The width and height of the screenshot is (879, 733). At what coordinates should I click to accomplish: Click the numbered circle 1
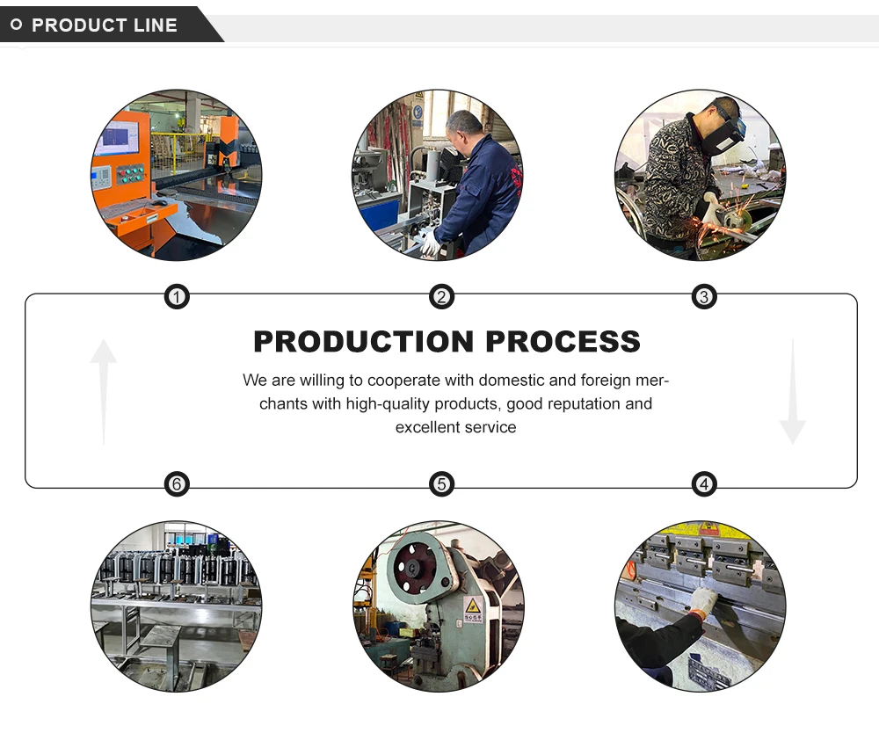(178, 297)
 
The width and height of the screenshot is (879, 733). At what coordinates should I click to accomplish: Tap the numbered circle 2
(441, 297)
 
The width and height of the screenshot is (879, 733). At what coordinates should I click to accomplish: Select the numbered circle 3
(703, 297)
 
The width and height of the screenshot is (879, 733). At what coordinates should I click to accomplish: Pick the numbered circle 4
(703, 483)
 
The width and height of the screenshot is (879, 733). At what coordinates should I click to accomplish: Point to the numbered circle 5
(441, 483)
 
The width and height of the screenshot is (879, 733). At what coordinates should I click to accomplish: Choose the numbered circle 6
(178, 483)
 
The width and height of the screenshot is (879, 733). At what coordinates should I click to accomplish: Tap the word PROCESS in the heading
(561, 341)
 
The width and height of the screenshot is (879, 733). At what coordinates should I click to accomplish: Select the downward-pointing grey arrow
(792, 392)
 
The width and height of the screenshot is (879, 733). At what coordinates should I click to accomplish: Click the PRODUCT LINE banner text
(105, 25)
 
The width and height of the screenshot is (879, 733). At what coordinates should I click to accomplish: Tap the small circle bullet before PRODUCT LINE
(17, 25)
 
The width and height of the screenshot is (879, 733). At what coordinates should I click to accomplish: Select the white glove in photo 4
(702, 601)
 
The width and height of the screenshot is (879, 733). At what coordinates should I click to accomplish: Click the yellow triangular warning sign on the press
(473, 606)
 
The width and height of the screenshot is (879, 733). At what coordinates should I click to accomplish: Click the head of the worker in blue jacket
(463, 130)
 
